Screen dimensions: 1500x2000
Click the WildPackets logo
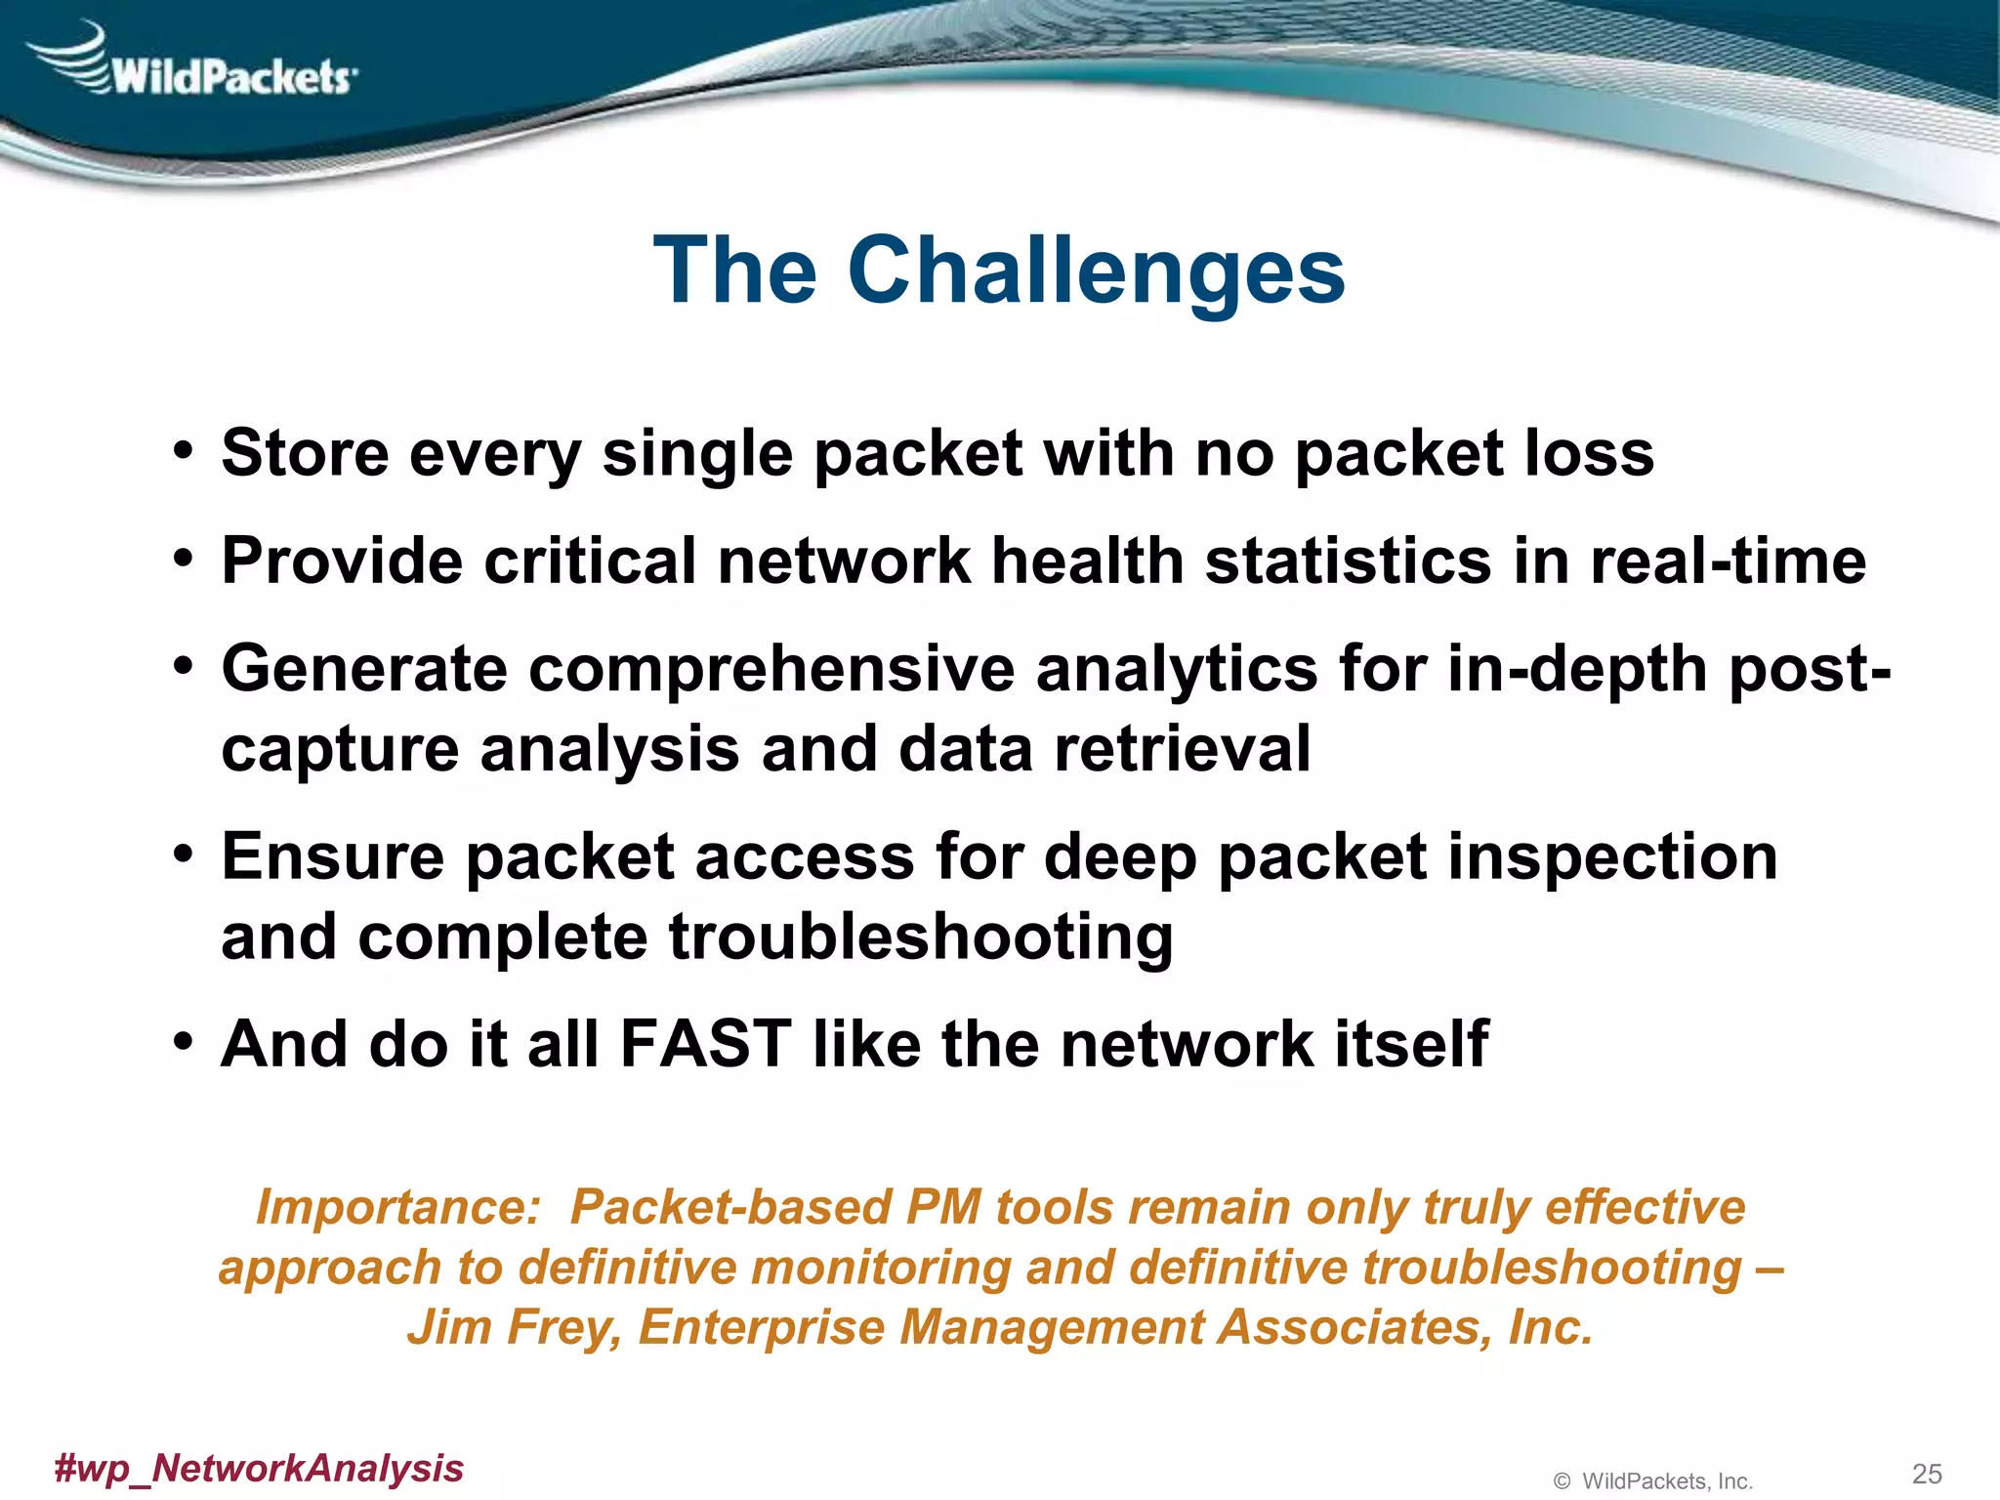click(x=195, y=63)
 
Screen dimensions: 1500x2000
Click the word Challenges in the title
click(x=1096, y=271)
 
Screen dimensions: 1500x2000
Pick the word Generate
click(x=364, y=669)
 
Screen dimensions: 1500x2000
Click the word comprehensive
click(x=772, y=669)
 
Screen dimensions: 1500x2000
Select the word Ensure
click(x=332, y=857)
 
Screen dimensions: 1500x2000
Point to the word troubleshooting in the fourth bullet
click(x=921, y=937)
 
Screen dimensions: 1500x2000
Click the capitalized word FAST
click(x=705, y=1044)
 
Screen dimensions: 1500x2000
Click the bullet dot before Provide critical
click(x=183, y=560)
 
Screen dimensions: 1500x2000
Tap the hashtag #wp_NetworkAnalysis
click(x=259, y=1468)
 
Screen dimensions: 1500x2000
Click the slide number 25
click(x=1926, y=1474)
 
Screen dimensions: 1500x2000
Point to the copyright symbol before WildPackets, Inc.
click(x=1562, y=1481)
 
